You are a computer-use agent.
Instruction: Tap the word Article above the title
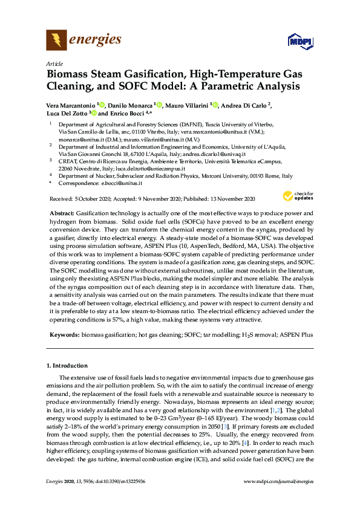[54, 63]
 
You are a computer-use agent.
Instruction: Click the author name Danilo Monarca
[130, 105]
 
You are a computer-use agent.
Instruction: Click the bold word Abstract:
[61, 213]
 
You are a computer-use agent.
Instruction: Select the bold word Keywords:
[64, 334]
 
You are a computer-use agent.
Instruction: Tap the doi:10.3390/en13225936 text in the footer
[128, 498]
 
